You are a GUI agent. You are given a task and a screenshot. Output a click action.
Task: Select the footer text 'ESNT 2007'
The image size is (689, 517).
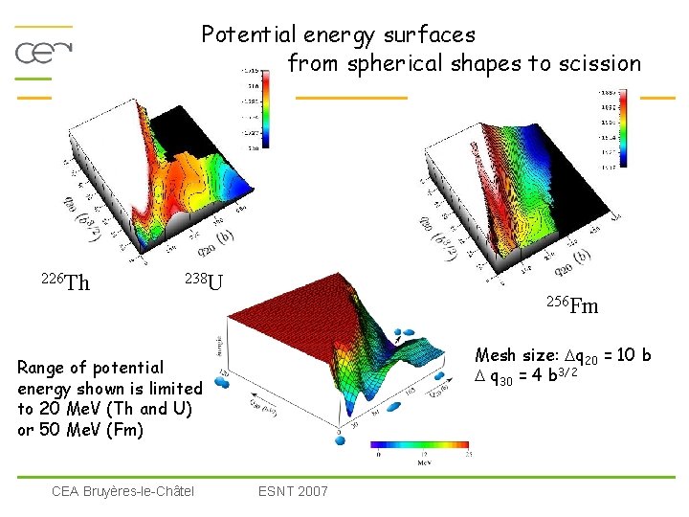point(293,491)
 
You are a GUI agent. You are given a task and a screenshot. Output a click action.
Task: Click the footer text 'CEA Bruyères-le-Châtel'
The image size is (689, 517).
point(122,491)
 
